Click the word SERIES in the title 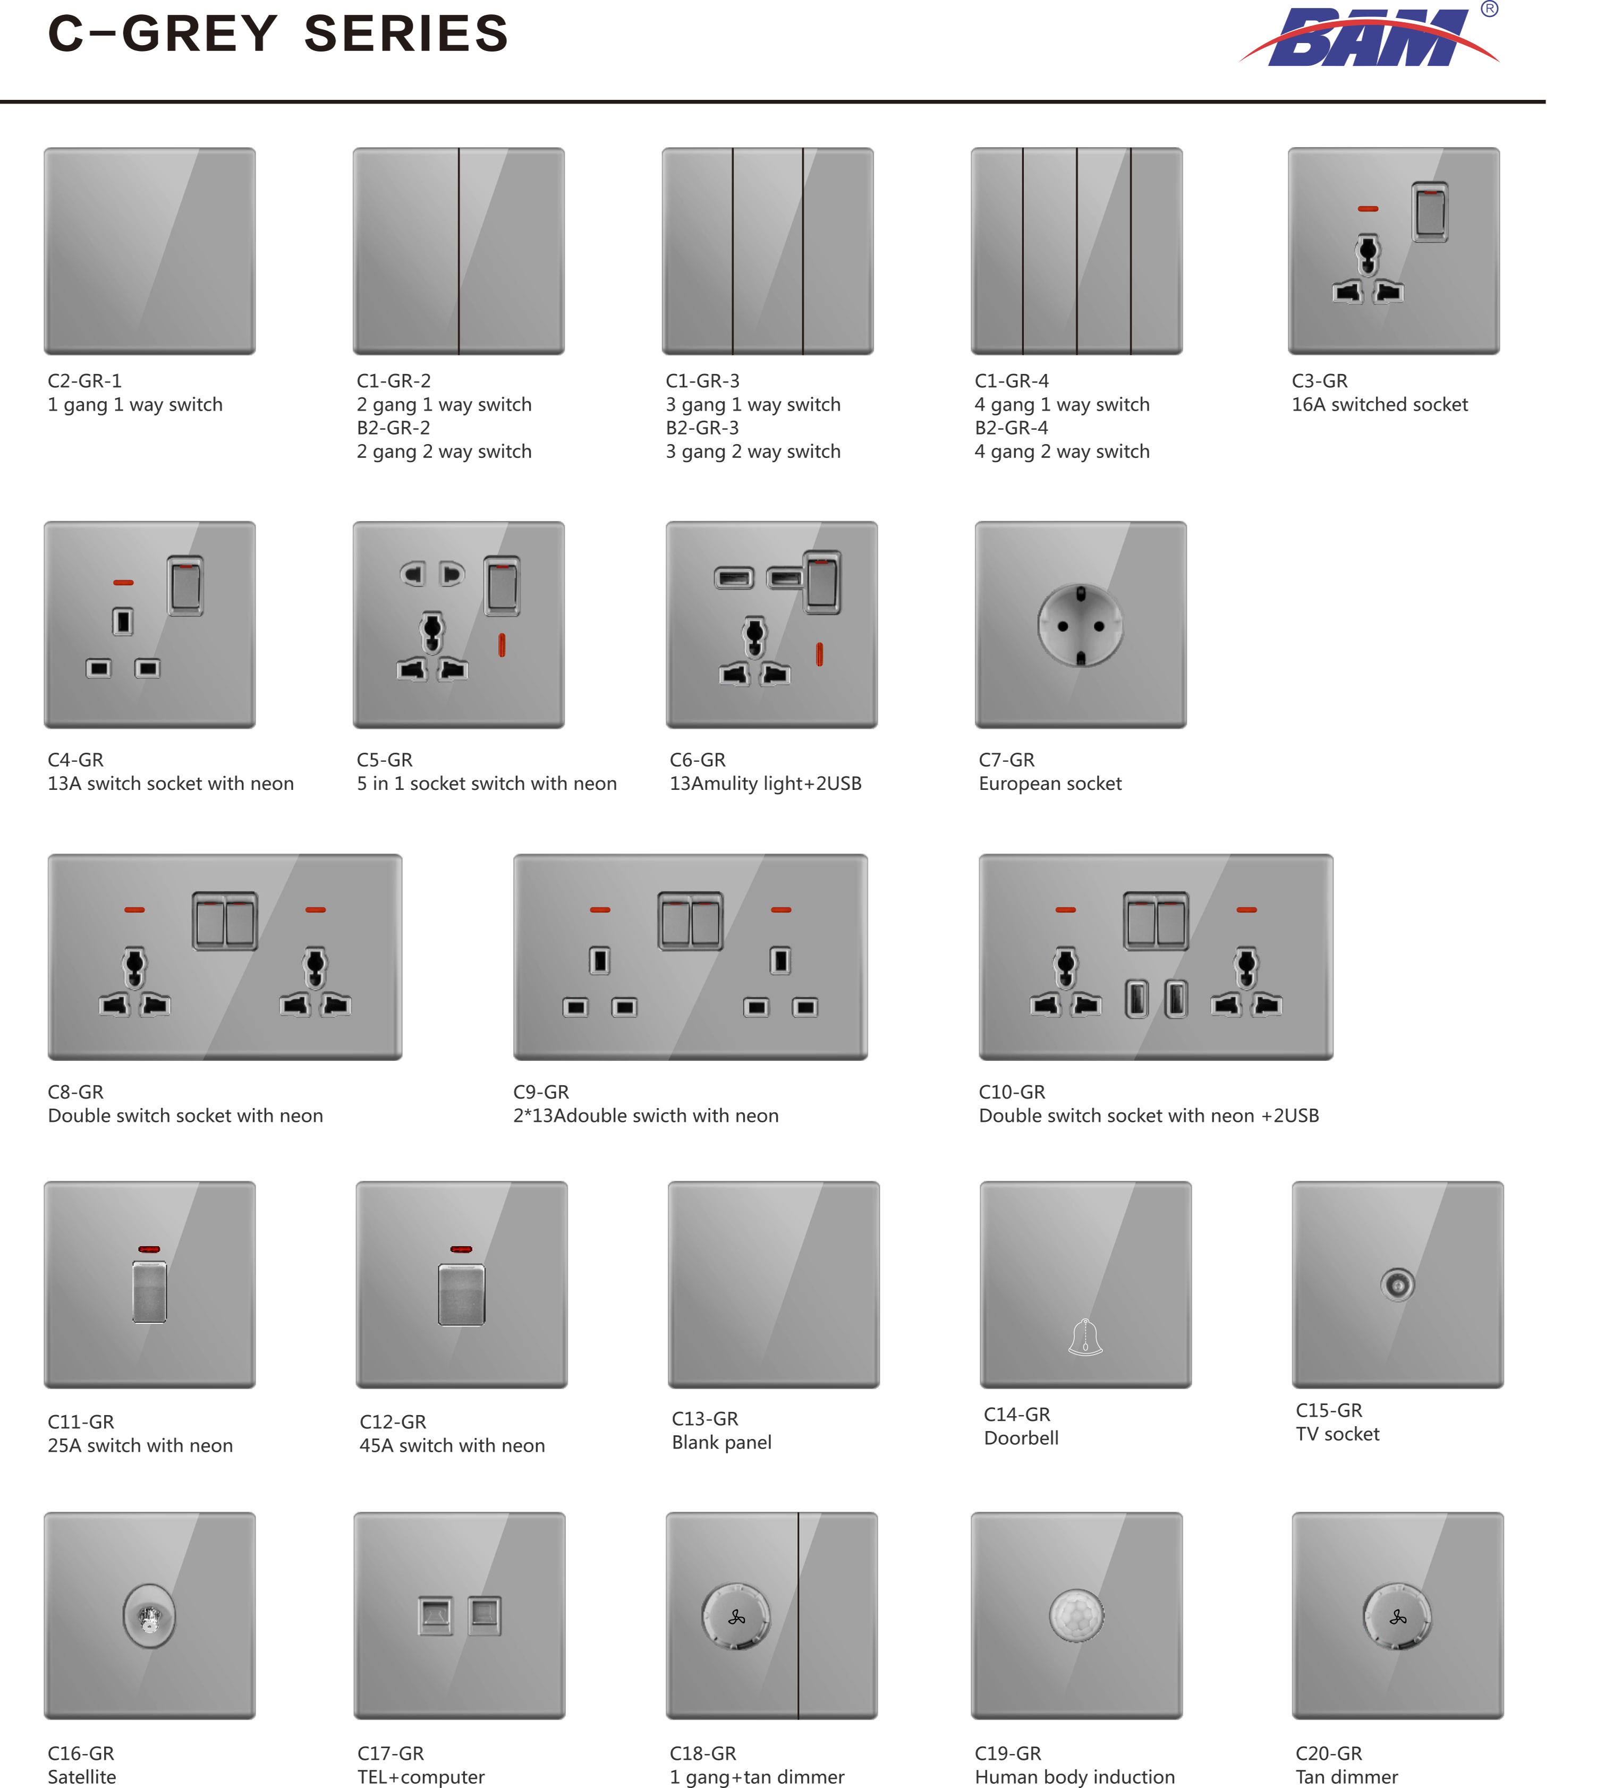pos(406,33)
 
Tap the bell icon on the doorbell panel pos(1085,1337)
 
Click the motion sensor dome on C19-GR pos(1077,1615)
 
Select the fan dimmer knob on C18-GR pos(736,1616)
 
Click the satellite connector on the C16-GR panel pos(149,1616)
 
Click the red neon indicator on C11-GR pos(149,1248)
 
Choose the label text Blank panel pos(721,1442)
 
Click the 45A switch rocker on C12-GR pos(462,1294)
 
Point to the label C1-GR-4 pos(1012,381)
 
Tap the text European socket pos(1050,784)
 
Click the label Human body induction pos(1075,1777)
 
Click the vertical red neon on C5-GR pos(502,645)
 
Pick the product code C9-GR pos(541,1092)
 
